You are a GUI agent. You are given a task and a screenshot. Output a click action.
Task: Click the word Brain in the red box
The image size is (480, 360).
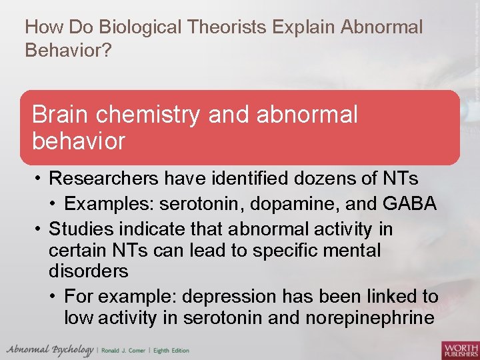coord(61,115)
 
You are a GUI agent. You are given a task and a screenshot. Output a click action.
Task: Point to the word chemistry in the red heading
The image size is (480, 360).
coord(149,115)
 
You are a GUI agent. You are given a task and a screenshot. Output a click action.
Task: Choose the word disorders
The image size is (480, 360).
coord(88,272)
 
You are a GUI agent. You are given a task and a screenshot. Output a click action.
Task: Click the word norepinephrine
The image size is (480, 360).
coord(370,318)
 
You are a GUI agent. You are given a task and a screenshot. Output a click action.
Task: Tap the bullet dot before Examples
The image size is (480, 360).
coord(55,204)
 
